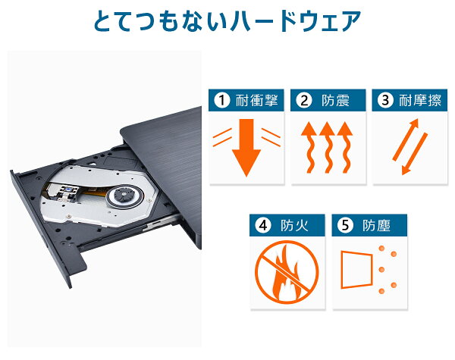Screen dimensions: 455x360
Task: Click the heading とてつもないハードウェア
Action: click(x=227, y=21)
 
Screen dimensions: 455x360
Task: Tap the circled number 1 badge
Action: click(x=222, y=100)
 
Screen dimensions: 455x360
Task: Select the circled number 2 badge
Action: click(x=304, y=100)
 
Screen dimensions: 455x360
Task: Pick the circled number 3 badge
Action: click(x=385, y=100)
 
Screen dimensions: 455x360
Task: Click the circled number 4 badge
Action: click(x=263, y=225)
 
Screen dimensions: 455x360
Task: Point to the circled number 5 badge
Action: click(x=345, y=225)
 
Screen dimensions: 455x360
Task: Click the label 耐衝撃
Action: click(x=257, y=100)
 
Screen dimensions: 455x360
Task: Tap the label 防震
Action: click(x=335, y=100)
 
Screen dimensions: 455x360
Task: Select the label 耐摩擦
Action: click(x=420, y=100)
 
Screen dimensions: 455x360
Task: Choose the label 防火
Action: click(x=294, y=225)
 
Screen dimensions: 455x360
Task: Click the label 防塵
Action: click(x=376, y=225)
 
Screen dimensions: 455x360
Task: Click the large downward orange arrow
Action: click(x=246, y=147)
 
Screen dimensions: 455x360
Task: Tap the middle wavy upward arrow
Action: click(x=327, y=148)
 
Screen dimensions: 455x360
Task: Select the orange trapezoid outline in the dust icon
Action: click(x=356, y=270)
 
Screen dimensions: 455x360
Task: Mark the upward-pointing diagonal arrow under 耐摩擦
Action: click(x=406, y=139)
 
